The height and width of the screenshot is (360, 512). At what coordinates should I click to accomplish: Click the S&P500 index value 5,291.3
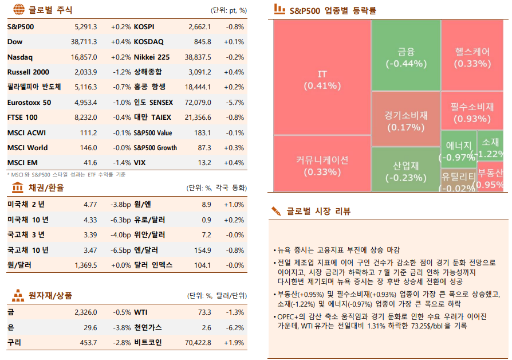[86, 27]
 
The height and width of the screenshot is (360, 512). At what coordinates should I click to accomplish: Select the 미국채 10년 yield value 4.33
[90, 220]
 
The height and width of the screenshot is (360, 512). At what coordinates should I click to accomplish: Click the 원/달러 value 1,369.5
[86, 265]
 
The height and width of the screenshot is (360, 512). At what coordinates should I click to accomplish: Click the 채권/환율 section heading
[46, 187]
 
